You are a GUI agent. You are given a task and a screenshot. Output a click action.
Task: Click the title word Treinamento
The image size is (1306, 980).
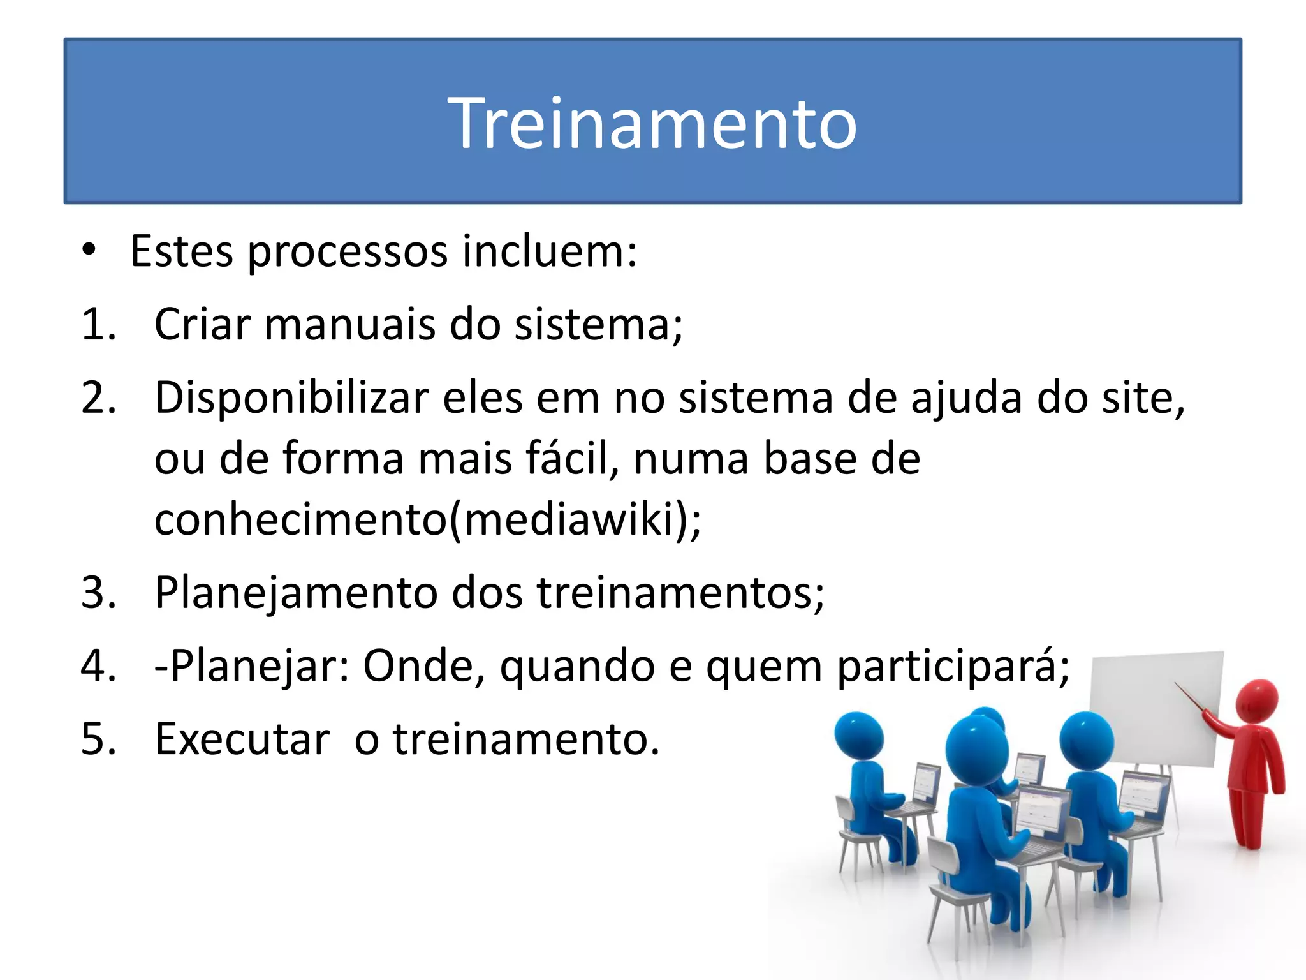click(652, 122)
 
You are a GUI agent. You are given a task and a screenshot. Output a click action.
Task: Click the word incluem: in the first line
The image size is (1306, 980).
click(549, 251)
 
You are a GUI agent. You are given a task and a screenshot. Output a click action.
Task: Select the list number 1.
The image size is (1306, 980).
click(99, 324)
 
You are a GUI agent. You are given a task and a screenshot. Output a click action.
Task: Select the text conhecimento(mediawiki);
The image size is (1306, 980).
click(427, 519)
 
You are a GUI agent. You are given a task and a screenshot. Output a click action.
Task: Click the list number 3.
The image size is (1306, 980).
click(99, 593)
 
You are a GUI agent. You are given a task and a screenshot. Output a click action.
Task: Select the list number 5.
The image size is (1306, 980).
click(99, 739)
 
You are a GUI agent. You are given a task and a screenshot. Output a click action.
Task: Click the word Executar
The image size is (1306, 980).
click(242, 739)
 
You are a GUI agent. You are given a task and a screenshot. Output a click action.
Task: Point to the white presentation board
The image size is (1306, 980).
click(1154, 708)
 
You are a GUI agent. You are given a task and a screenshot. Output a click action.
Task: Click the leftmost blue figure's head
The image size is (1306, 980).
click(859, 736)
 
